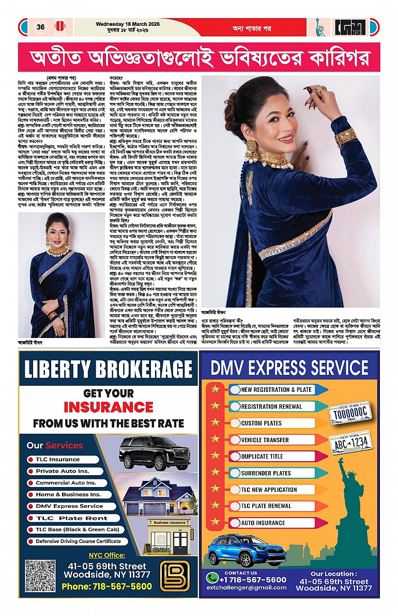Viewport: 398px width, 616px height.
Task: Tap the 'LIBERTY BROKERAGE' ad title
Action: point(108,370)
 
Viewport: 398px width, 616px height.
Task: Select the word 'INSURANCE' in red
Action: point(108,407)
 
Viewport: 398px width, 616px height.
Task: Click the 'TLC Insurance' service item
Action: point(57,459)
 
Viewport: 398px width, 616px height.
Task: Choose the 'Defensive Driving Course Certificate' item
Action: point(78,541)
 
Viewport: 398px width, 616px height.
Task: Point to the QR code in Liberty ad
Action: point(40,576)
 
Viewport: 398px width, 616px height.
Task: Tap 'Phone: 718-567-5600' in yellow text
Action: point(106,586)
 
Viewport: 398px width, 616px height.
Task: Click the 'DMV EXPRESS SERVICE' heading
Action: point(289,368)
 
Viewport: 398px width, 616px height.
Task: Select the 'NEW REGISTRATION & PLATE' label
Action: point(276,390)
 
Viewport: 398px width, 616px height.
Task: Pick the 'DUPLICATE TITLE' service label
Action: point(262,457)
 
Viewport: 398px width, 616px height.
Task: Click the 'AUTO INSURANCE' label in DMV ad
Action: point(264,523)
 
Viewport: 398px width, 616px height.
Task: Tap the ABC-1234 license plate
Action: point(351,443)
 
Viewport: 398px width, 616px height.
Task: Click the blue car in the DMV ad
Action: point(240,550)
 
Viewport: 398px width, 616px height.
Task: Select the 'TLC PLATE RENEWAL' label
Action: point(266,506)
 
